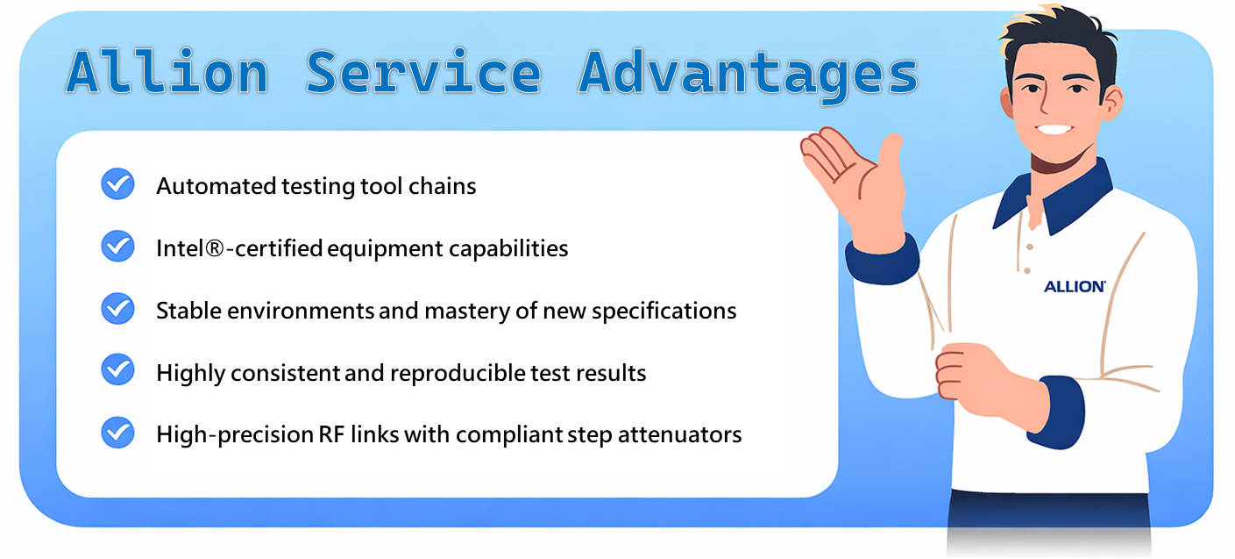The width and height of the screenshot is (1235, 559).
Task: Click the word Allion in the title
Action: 167,72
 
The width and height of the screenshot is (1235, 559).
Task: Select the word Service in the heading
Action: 423,72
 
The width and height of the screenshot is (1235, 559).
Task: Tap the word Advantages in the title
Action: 749,75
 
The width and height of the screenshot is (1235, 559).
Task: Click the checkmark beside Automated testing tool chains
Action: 117,183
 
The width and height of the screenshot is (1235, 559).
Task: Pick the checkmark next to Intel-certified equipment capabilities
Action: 117,246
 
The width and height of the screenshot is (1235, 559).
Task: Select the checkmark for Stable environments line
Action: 117,309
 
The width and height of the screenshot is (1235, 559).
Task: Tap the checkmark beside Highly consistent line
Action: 117,369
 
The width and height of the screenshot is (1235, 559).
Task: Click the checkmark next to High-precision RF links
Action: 117,432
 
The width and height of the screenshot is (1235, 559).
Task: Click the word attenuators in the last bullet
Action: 679,435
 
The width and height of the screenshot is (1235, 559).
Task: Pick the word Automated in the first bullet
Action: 216,187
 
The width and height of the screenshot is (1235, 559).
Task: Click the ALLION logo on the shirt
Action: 1075,286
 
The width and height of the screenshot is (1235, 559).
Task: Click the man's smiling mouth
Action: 1053,130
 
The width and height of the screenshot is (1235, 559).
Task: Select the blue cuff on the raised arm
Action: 882,261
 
